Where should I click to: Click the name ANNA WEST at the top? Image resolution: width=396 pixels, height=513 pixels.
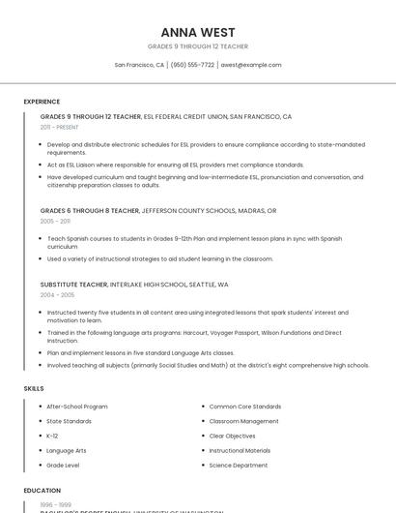198,32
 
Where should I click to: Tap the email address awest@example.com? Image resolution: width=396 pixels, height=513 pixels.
250,65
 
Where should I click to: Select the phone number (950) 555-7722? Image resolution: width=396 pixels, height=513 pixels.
192,65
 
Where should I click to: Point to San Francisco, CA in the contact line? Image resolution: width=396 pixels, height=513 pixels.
139,65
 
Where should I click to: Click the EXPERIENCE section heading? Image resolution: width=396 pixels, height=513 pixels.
42,102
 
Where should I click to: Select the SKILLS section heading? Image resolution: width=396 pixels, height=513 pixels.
34,388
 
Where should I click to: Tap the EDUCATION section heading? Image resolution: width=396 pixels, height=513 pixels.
42,491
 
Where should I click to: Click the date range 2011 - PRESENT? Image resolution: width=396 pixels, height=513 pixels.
59,127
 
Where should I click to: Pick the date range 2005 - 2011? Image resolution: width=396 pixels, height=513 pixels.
55,221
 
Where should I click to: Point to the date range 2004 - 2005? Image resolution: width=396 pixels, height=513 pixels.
57,294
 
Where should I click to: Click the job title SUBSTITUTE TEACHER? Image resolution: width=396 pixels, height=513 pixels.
73,285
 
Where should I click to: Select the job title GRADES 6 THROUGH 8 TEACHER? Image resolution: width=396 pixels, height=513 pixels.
90,210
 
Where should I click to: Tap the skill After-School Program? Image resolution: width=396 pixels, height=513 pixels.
77,407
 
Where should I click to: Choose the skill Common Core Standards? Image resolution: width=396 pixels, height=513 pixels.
245,407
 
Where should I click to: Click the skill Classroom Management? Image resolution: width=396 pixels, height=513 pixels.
243,421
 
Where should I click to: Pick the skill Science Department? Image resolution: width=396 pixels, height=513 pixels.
239,465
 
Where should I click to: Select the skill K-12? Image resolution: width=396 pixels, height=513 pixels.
52,436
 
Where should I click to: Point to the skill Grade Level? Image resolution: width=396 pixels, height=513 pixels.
63,465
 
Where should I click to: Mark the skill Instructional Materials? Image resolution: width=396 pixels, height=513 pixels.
240,450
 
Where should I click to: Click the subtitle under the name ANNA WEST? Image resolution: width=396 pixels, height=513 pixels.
198,46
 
